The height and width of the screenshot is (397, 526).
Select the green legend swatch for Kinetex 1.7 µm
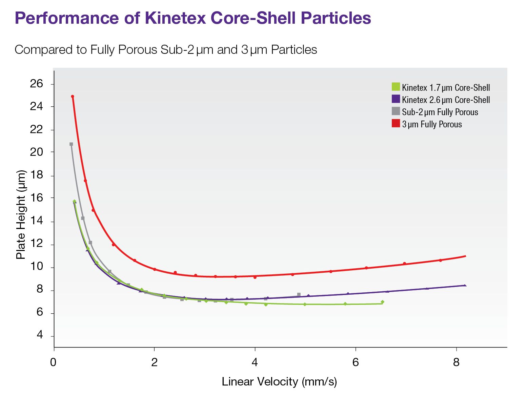[396, 87]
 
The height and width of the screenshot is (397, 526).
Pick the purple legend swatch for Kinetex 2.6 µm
[396, 99]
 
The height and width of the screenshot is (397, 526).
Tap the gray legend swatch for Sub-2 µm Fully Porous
[396, 111]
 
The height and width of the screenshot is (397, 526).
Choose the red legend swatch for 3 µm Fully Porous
[396, 123]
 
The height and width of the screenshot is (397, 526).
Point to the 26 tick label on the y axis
[37, 84]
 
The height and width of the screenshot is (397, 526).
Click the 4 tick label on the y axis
[40, 335]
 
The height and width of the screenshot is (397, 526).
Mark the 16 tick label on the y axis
[37, 198]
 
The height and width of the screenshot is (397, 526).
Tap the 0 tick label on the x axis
[53, 363]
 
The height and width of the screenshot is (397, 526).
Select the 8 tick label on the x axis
[456, 363]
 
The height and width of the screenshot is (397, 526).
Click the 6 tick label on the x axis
[355, 363]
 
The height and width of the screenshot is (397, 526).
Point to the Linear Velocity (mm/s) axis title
[279, 382]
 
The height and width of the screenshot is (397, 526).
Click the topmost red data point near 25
[73, 97]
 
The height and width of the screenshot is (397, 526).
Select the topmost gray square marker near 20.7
[71, 144]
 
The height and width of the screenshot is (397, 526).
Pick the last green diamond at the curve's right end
[382, 302]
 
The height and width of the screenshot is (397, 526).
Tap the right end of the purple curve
[465, 286]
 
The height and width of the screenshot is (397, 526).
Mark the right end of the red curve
[465, 256]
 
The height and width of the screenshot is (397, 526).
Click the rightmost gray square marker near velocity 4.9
[299, 295]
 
